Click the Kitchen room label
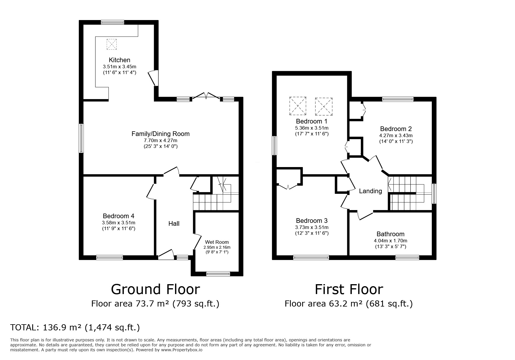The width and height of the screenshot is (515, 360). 119,60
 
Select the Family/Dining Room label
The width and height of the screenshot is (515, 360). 161,134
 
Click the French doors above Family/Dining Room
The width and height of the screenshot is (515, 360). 206,96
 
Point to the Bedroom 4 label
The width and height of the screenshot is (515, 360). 118,216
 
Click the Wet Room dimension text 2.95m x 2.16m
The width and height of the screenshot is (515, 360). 217,247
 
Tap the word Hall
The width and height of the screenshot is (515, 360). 174,223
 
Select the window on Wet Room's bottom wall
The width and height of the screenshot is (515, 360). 218,273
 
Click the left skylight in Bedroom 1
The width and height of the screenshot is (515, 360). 298,105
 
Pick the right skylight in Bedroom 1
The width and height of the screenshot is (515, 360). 323,105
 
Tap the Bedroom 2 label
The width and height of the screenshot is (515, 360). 396,129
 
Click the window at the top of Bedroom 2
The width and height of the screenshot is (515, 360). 398,99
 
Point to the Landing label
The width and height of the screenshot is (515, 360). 370,191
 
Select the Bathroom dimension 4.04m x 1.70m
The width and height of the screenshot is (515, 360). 390,241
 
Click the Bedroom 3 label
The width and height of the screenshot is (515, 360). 312,221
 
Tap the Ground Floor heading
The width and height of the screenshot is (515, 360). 155,289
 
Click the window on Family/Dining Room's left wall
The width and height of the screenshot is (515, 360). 82,138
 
